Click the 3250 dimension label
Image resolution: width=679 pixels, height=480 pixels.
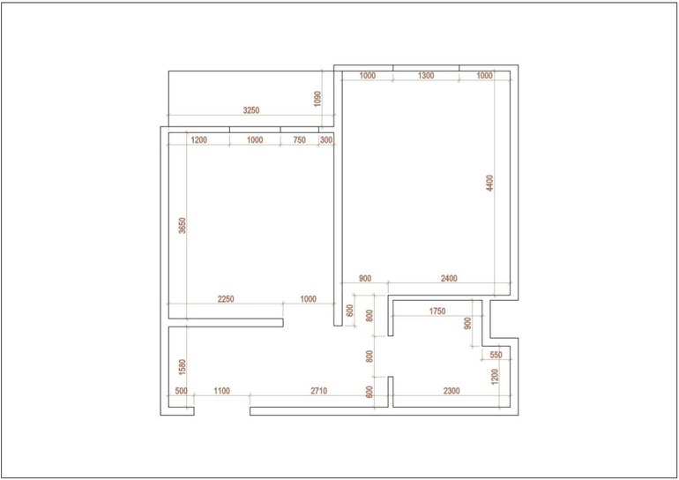click(x=251, y=110)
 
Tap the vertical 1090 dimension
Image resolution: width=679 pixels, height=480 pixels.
click(x=317, y=99)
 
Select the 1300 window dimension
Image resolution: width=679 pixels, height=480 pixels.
click(x=426, y=75)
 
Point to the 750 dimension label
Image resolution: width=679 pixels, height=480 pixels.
click(x=299, y=140)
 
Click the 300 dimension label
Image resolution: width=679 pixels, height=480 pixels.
click(x=326, y=140)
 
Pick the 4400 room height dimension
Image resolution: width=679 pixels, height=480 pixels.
click(x=489, y=183)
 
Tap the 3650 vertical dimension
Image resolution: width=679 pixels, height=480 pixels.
click(x=183, y=225)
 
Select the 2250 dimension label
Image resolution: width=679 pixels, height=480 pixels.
click(x=226, y=299)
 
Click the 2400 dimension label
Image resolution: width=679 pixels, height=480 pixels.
click(x=449, y=278)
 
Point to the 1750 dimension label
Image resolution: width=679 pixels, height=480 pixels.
click(x=437, y=311)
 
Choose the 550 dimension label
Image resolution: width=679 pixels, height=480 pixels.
click(x=496, y=355)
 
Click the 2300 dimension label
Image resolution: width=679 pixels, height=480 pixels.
click(x=451, y=391)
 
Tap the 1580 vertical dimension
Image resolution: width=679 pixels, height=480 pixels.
click(x=183, y=367)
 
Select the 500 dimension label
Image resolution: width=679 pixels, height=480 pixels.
click(x=181, y=391)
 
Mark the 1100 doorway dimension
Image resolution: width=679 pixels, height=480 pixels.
click(x=221, y=391)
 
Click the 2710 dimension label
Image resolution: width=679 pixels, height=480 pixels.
click(x=318, y=391)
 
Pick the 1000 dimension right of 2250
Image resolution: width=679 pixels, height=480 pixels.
click(x=308, y=299)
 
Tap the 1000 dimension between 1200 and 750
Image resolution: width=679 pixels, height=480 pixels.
click(x=255, y=140)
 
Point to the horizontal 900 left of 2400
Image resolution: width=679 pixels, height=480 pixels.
click(x=365, y=278)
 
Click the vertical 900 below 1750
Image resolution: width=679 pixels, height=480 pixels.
click(x=467, y=323)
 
